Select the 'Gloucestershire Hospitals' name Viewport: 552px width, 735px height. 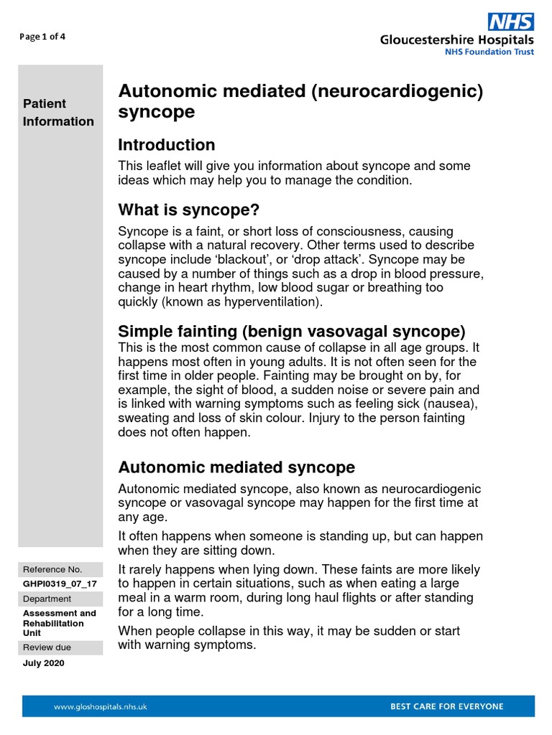(x=457, y=40)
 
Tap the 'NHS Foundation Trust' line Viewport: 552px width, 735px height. (x=487, y=52)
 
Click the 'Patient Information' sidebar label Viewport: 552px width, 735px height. (x=58, y=113)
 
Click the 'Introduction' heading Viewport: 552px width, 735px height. (x=166, y=145)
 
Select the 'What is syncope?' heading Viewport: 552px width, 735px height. (x=188, y=210)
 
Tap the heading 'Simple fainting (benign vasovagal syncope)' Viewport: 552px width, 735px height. (x=292, y=332)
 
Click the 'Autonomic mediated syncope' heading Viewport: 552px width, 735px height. (x=236, y=467)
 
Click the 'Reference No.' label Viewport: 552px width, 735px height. (x=52, y=569)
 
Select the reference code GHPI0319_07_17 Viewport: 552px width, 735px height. (x=60, y=584)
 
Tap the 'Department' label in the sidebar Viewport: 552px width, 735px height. (x=47, y=599)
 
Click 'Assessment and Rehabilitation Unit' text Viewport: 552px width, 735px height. (x=59, y=623)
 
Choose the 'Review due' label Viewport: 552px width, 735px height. (x=47, y=647)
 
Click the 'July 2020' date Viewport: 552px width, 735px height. (x=44, y=663)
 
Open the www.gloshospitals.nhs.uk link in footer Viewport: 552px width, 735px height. (x=101, y=706)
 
